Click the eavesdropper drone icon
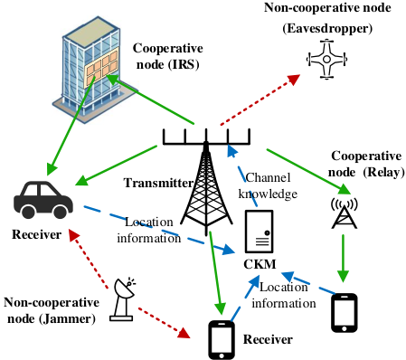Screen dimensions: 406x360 326,59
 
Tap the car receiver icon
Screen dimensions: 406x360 43,200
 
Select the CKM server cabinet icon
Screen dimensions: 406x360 259,232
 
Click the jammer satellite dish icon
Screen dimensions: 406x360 123,299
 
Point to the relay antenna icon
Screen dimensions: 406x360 345,213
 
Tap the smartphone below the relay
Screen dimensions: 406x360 345,313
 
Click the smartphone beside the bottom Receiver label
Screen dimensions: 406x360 222,340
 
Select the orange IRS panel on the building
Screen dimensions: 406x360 101,68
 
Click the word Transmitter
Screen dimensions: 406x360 158,183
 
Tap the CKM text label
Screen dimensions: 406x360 260,264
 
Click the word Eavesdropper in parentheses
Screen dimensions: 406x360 327,28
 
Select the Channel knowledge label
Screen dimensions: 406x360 268,185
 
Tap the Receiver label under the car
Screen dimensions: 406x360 36,234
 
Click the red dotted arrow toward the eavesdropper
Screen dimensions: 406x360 260,99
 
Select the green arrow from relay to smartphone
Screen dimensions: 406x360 344,259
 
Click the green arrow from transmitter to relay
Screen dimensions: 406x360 309,172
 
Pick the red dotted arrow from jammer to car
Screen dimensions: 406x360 88,259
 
